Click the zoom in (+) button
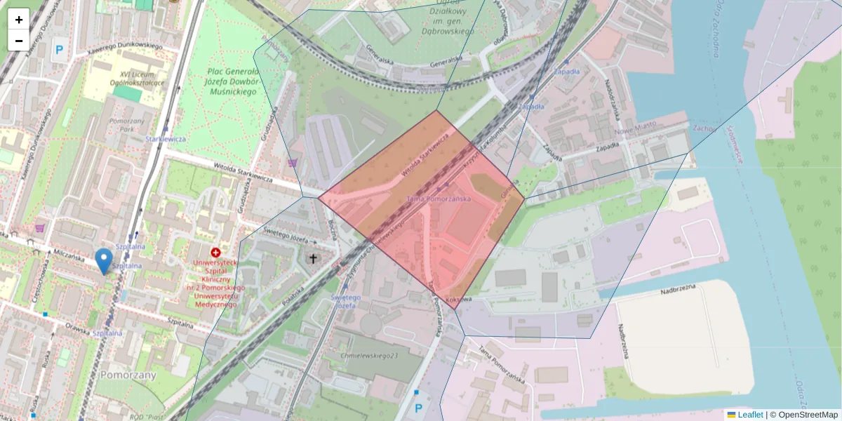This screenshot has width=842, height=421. (x=19, y=20)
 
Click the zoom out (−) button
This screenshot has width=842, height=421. (x=19, y=41)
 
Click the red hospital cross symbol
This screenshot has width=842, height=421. (x=215, y=252)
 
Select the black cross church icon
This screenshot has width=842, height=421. (x=313, y=258)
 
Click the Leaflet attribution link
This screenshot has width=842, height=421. (x=750, y=415)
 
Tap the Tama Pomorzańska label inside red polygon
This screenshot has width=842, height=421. (x=439, y=199)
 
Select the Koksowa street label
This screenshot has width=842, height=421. (x=458, y=299)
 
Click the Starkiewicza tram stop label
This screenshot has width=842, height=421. (x=166, y=139)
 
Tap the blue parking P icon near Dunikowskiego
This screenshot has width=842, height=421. (x=59, y=50)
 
